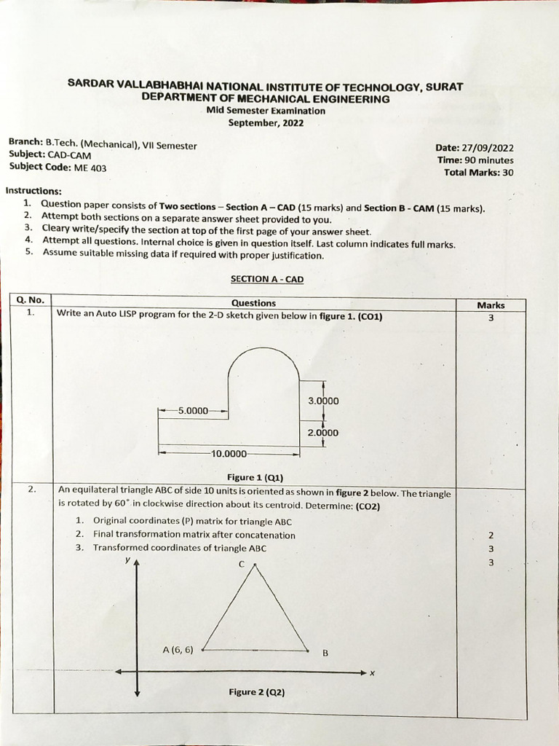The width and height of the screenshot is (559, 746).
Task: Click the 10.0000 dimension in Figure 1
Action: tap(229, 454)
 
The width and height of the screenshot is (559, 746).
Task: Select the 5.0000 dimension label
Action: tap(192, 411)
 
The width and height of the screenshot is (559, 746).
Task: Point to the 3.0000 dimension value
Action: tap(323, 401)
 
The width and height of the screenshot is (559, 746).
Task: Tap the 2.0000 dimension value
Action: tap(323, 433)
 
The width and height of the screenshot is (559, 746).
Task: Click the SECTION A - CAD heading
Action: tap(267, 279)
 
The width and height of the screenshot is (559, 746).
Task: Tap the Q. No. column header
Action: tap(30, 300)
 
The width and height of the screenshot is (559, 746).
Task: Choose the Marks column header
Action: tap(491, 305)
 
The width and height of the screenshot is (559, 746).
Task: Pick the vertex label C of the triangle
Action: tap(242, 565)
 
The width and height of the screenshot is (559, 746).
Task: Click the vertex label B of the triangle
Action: tap(325, 653)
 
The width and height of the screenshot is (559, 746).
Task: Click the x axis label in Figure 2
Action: tap(372, 673)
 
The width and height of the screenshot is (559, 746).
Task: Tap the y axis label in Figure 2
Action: tap(127, 559)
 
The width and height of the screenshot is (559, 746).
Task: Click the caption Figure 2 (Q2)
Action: tap(256, 691)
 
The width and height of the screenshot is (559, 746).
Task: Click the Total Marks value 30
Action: tap(508, 173)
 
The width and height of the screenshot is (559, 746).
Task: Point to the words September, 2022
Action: tap(266, 123)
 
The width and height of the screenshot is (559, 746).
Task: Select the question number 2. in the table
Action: tap(32, 490)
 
